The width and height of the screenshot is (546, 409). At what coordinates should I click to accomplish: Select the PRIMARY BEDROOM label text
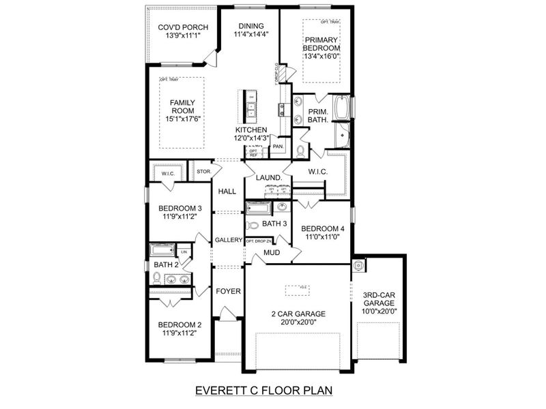(x=321, y=44)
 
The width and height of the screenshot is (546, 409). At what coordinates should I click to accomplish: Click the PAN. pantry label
(x=278, y=146)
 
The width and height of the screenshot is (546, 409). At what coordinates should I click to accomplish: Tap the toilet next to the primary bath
(x=300, y=150)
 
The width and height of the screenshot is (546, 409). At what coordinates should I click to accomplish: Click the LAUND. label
(x=269, y=178)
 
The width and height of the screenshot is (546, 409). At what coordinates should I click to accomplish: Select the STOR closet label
(x=203, y=172)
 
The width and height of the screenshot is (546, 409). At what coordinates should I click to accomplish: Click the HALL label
(x=227, y=192)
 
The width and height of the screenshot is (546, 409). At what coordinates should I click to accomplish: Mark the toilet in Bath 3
(x=253, y=224)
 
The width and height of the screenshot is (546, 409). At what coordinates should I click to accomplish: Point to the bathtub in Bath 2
(x=163, y=251)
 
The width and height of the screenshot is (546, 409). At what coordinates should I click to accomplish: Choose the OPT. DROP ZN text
(x=259, y=241)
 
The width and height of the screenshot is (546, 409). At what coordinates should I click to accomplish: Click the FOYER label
(x=229, y=291)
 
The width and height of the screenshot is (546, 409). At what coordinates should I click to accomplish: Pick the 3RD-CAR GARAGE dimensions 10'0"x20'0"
(x=380, y=312)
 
